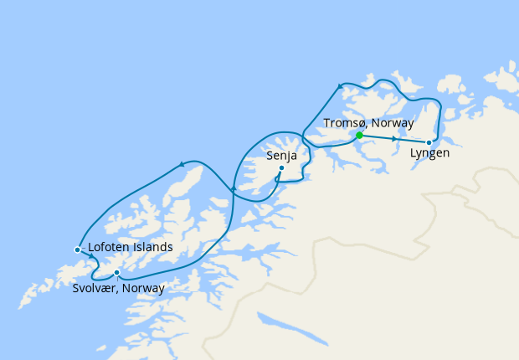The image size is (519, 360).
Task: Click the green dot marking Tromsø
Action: coord(359,135)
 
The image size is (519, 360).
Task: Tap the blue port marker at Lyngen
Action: coord(429,142)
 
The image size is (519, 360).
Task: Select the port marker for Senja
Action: coord(281,167)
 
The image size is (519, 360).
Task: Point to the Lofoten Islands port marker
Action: coord(77,249)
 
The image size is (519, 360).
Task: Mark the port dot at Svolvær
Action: coord(116,272)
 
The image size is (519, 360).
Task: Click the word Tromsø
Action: coord(344,123)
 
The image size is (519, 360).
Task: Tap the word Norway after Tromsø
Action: coord(393,123)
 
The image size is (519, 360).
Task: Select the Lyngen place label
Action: coord(429,154)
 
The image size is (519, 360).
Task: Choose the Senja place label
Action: coord(281,155)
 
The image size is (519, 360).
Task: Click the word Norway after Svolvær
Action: coord(143,288)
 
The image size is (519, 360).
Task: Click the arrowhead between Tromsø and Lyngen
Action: coord(393,138)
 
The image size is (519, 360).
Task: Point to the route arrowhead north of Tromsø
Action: coord(341,85)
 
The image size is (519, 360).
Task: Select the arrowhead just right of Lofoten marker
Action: coord(91,255)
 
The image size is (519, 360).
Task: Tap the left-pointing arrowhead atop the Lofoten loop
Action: coord(182,164)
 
